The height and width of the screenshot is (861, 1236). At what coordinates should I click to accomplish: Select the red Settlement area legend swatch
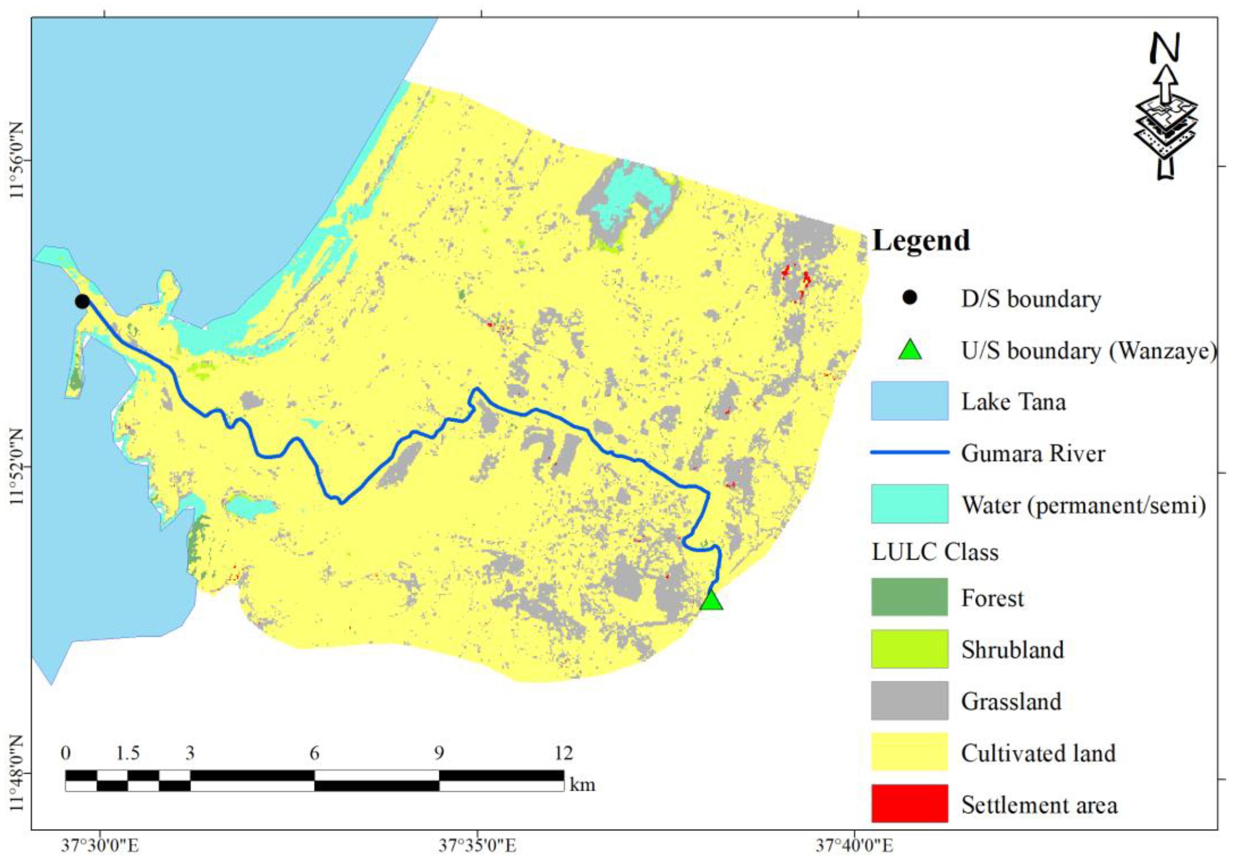tap(909, 804)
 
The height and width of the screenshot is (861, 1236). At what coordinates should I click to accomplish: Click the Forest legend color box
tap(909, 597)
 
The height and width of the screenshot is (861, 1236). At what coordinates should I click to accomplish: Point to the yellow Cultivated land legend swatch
tap(909, 752)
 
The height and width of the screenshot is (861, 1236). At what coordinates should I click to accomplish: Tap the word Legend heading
tap(921, 241)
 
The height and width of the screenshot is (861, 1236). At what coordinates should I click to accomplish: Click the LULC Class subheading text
tap(934, 552)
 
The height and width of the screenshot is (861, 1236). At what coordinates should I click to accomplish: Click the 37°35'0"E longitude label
tap(477, 846)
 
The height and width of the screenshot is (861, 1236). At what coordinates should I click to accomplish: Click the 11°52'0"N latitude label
tap(18, 468)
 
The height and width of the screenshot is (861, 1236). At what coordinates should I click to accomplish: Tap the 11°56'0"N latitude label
tap(18, 160)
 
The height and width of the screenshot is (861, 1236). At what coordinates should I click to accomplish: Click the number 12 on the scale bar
tap(564, 753)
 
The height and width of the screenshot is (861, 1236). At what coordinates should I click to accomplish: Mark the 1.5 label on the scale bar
tap(128, 753)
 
